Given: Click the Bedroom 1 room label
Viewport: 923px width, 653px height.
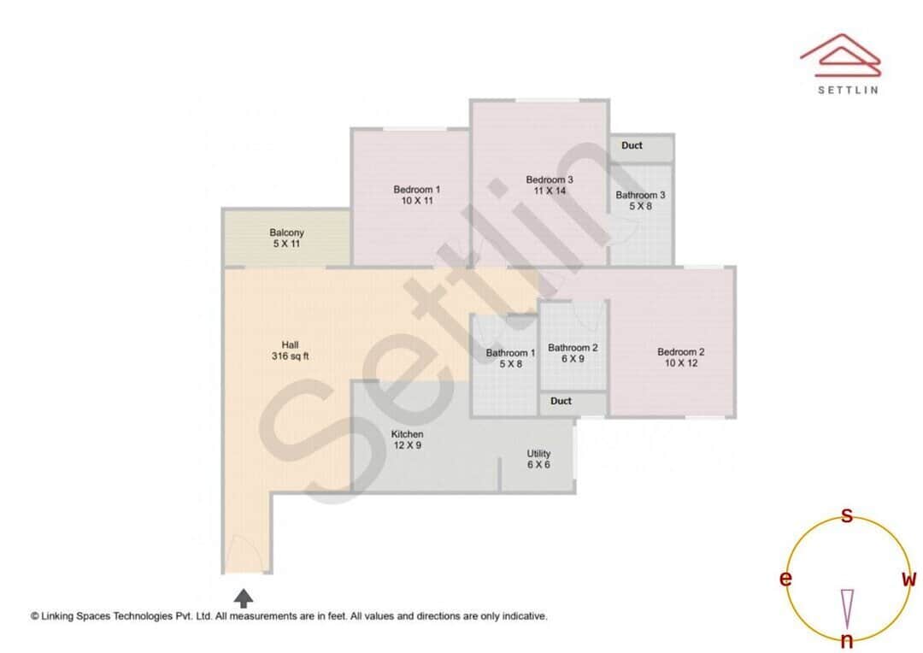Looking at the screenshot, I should pos(417,195).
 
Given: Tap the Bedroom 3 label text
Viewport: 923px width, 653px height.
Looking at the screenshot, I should pos(550,185).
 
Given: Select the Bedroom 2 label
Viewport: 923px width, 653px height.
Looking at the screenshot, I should pos(680,357).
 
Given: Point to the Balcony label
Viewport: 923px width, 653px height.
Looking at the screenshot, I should pos(286,238).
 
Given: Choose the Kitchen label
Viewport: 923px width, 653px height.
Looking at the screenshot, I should pos(407,439).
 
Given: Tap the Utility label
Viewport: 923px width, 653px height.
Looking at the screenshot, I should pos(538,459).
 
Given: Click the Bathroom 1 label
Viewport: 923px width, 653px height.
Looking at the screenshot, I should pos(510,358).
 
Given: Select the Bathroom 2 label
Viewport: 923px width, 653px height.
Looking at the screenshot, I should pos(573,353).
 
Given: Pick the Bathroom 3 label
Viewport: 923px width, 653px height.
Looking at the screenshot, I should pos(640,200).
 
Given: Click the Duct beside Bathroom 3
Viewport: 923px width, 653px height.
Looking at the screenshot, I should pos(632,146).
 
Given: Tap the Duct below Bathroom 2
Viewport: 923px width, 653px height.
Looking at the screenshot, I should pos(561,401).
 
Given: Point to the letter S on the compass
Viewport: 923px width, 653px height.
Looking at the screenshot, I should pos(847,515).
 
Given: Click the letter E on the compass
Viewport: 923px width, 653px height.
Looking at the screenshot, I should pos(785,579).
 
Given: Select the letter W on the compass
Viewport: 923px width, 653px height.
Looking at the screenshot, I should pos(908,579).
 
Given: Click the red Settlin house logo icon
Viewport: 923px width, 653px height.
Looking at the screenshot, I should pos(840,53).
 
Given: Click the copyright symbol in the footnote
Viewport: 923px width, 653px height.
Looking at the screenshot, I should pos(35,615).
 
